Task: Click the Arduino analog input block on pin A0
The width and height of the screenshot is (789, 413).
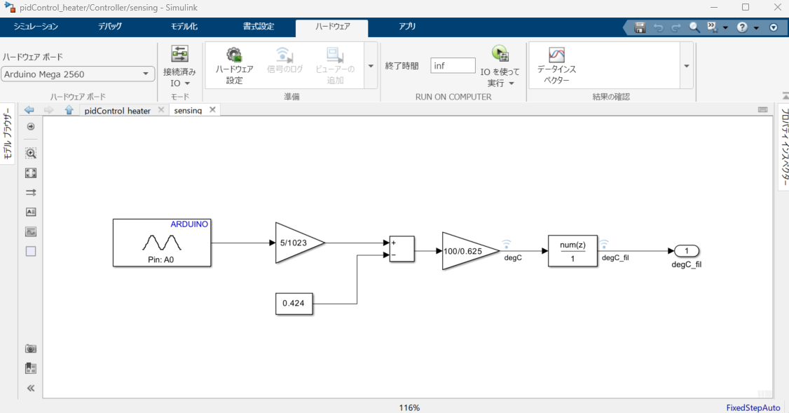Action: click(162, 243)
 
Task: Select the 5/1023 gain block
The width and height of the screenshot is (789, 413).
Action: click(296, 243)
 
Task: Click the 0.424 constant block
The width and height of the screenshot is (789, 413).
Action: click(294, 304)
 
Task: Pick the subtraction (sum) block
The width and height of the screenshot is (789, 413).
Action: click(402, 249)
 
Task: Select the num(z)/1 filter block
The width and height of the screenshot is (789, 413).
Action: click(572, 250)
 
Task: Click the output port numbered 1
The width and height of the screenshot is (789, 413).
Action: click(687, 251)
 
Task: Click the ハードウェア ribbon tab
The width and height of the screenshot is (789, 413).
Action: click(331, 27)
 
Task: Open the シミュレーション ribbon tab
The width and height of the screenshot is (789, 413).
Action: click(36, 27)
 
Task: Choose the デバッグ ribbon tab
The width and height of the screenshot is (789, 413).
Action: click(110, 27)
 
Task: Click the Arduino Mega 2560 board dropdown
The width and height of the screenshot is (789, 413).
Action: click(78, 74)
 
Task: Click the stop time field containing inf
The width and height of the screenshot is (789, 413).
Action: click(453, 65)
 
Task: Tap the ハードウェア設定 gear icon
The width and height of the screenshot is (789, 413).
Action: click(234, 55)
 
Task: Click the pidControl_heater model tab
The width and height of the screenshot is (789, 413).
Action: click(118, 111)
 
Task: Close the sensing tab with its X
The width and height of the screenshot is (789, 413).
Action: click(212, 110)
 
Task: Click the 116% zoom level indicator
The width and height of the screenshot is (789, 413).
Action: click(409, 407)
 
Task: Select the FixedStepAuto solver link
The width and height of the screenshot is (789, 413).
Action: click(753, 407)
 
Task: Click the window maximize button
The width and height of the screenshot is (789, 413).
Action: click(746, 7)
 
